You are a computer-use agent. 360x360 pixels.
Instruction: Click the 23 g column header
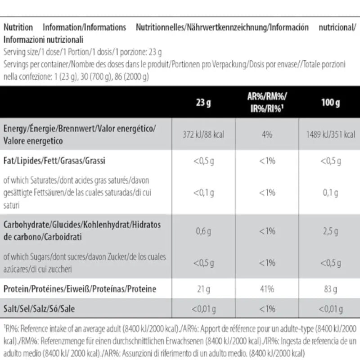[203, 103]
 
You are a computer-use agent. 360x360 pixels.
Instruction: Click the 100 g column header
[330, 103]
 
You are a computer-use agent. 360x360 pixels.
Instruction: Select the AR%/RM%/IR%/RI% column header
[267, 103]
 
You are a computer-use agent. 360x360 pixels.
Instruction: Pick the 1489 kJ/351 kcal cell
[330, 135]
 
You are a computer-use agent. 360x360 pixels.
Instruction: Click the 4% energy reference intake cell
[267, 135]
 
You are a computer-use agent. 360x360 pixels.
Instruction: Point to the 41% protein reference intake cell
[267, 288]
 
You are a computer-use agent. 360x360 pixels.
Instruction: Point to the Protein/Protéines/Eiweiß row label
[80, 288]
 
